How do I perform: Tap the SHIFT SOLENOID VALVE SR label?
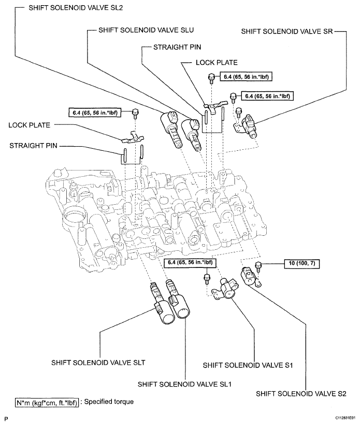click(x=286, y=31)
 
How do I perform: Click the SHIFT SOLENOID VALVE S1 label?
click(x=249, y=365)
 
